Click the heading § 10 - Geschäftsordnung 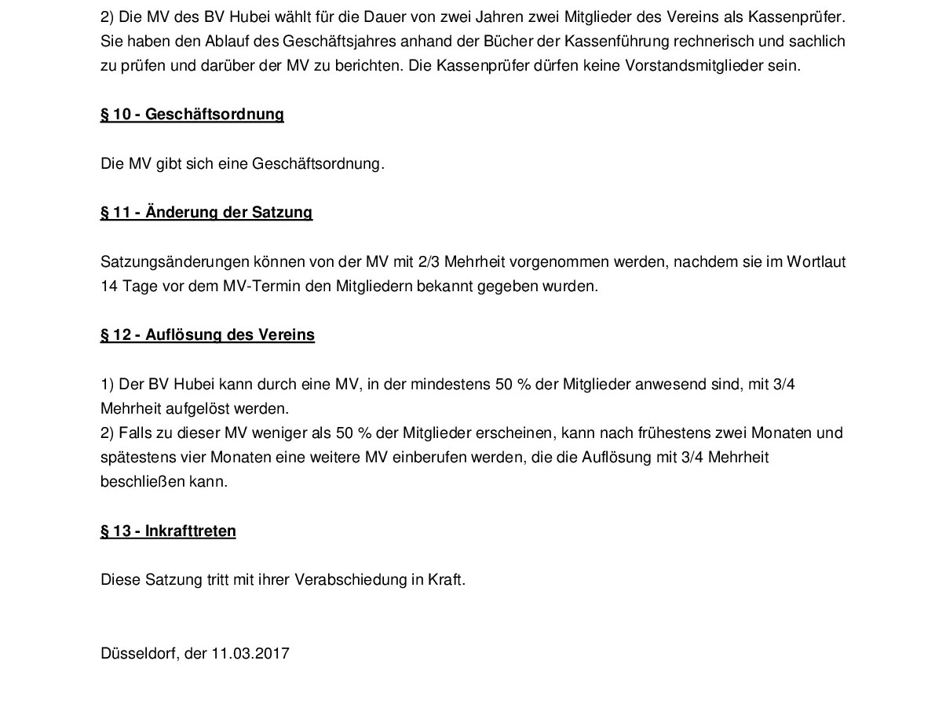[192, 115]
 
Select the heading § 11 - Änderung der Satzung [206, 213]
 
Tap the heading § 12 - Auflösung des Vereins [207, 335]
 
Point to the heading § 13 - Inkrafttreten [168, 531]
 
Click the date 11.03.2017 [250, 654]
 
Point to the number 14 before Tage [108, 287]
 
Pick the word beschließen [142, 482]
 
